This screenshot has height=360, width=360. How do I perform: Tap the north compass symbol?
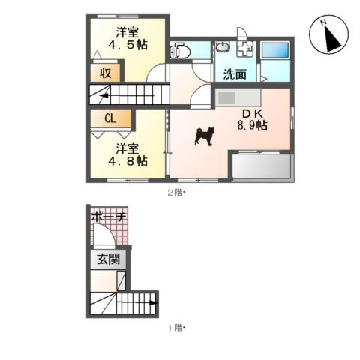click(x=327, y=36)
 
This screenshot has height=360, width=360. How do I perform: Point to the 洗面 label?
click(x=235, y=74)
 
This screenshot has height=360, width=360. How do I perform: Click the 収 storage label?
click(x=106, y=73)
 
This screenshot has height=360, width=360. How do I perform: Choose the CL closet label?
click(x=109, y=118)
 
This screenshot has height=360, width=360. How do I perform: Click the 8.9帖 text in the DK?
click(x=252, y=126)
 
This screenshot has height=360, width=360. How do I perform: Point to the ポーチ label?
click(x=107, y=217)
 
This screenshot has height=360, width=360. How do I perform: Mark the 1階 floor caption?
click(x=175, y=328)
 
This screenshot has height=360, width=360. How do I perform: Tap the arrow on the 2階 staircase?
click(x=97, y=95)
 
